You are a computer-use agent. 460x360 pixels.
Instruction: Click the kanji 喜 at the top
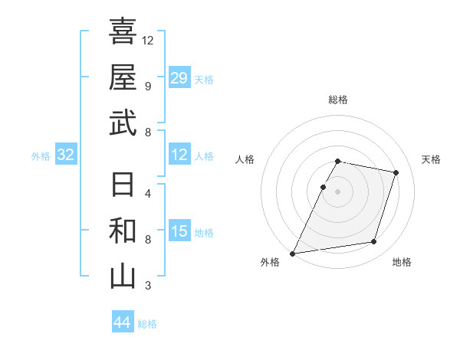pos(123,32)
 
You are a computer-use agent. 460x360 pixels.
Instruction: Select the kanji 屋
pos(123,77)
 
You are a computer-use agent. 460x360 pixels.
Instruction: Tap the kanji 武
pos(123,123)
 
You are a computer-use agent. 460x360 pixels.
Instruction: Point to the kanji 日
pos(123,185)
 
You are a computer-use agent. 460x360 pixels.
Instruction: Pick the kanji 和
pos(123,231)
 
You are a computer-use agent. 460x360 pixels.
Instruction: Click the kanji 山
pos(123,277)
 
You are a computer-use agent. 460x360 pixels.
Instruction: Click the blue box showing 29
pos(179,78)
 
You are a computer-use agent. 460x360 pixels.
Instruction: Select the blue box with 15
pos(179,231)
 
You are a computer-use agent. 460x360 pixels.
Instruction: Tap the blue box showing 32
pos(66,155)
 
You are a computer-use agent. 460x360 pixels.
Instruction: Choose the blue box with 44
pos(122,322)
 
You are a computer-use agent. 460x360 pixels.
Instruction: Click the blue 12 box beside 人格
pos(179,155)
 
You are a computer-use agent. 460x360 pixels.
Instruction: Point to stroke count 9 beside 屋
pos(147,86)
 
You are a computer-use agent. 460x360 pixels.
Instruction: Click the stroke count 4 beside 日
pos(147,193)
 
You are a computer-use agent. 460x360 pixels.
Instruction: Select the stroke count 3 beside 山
pos(147,286)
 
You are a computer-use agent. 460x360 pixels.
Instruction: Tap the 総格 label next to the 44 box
pos(147,324)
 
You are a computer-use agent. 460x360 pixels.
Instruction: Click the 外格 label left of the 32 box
pos(41,156)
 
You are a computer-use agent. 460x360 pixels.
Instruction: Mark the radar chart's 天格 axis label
pos(431,159)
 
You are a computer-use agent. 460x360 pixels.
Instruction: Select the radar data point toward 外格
pos(293,254)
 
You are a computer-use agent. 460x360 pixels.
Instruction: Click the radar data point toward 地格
pos(374,242)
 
